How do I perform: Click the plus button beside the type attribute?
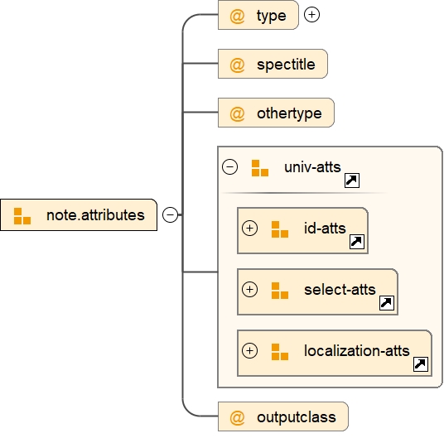click(311, 14)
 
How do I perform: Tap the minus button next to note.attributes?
click(170, 214)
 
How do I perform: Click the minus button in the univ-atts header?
click(230, 166)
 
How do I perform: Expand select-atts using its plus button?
click(250, 289)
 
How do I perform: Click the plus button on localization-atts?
click(250, 350)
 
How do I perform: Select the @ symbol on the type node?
click(237, 16)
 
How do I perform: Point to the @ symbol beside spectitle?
click(237, 65)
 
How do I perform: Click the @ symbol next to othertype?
click(237, 113)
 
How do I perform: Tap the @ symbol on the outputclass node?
click(237, 417)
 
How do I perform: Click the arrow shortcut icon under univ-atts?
click(352, 180)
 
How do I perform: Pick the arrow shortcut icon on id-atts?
click(357, 242)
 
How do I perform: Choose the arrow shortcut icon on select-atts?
click(387, 303)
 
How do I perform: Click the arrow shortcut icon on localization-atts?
click(421, 364)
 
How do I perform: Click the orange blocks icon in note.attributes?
click(22, 216)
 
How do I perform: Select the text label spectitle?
click(286, 65)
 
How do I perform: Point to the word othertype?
click(289, 113)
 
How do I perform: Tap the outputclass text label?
click(297, 417)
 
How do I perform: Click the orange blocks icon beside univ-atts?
click(260, 168)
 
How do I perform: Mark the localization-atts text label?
click(357, 351)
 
